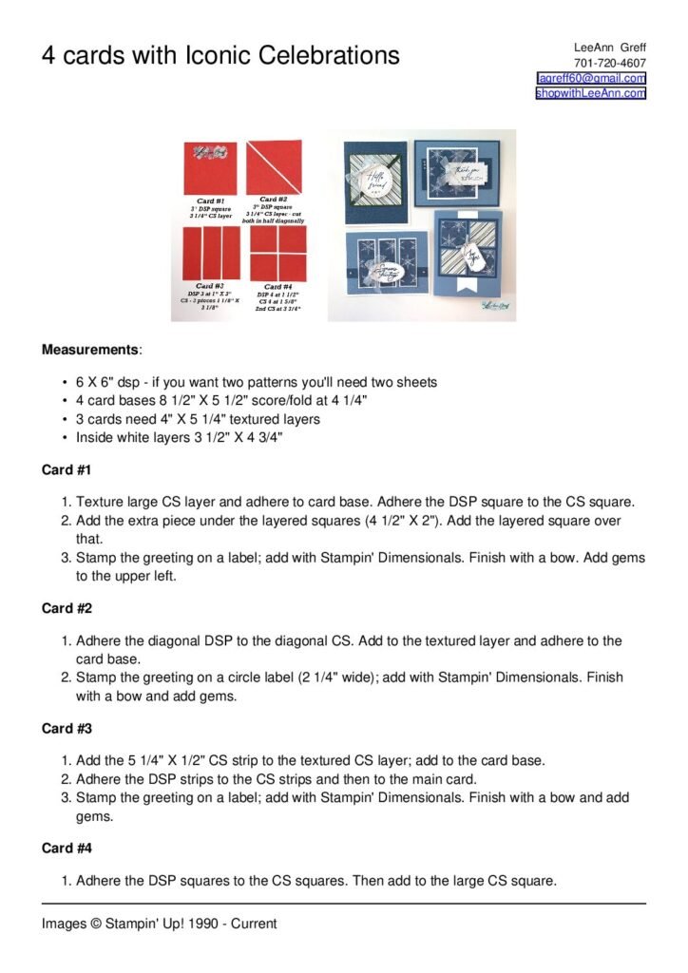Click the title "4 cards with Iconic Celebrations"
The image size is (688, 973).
[x=220, y=55]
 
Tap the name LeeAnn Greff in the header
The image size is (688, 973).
[x=609, y=48]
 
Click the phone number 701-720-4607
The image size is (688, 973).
[x=609, y=63]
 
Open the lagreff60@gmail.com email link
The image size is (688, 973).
[x=591, y=78]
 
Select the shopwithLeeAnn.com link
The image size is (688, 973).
[x=590, y=93]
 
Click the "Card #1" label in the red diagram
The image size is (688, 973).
[x=211, y=200]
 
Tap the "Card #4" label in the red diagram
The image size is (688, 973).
[x=277, y=286]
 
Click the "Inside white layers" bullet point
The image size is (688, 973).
[x=180, y=437]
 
